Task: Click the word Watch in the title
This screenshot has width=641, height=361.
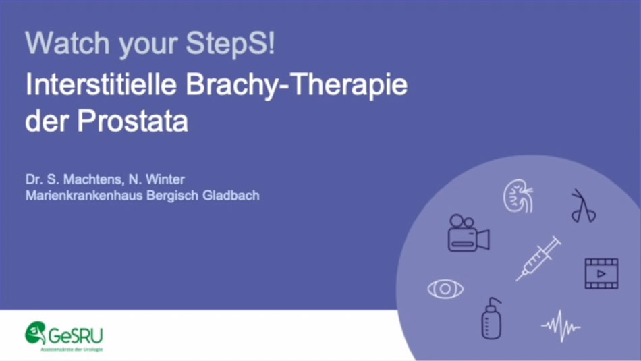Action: tap(67, 43)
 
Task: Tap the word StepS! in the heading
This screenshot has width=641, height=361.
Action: tap(231, 43)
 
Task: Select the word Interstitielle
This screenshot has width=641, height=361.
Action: tap(101, 84)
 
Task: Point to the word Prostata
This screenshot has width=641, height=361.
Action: tap(133, 121)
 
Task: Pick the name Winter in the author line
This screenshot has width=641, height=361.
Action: tap(165, 179)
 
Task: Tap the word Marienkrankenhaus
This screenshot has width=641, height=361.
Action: tap(84, 195)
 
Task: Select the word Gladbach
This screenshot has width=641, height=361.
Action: tap(231, 195)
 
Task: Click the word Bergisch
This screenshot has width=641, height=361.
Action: tap(173, 196)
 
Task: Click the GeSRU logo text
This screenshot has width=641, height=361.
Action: tap(76, 335)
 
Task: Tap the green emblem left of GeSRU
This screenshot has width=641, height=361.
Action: tap(36, 333)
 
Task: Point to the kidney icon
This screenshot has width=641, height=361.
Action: tap(518, 196)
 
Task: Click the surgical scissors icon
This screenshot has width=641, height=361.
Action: tap(584, 206)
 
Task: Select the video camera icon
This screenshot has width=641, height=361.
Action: tap(468, 233)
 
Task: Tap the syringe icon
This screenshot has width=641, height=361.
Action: tap(538, 258)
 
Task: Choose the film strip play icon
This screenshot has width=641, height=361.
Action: tap(601, 273)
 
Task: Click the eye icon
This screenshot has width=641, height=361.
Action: tap(445, 289)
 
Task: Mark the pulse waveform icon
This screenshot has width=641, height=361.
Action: tap(561, 326)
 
